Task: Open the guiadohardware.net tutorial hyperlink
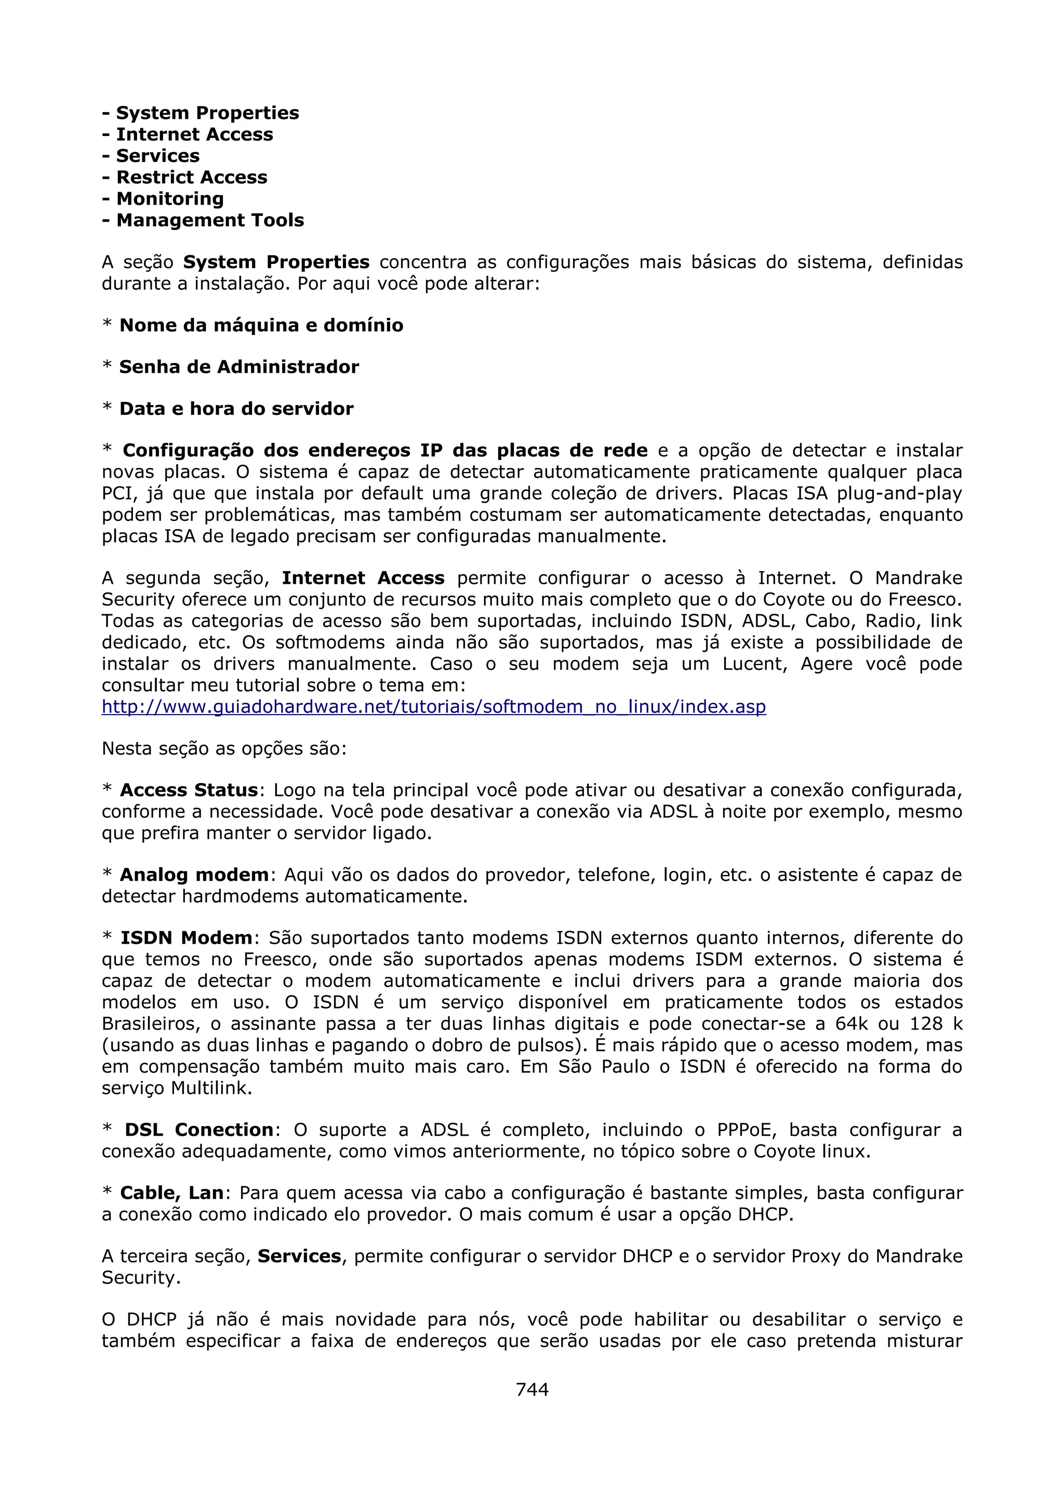click(x=433, y=707)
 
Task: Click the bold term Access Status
click(x=189, y=790)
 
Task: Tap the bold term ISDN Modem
click(x=186, y=937)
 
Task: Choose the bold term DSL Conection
click(x=198, y=1130)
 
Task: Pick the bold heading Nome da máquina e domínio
click(x=261, y=325)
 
